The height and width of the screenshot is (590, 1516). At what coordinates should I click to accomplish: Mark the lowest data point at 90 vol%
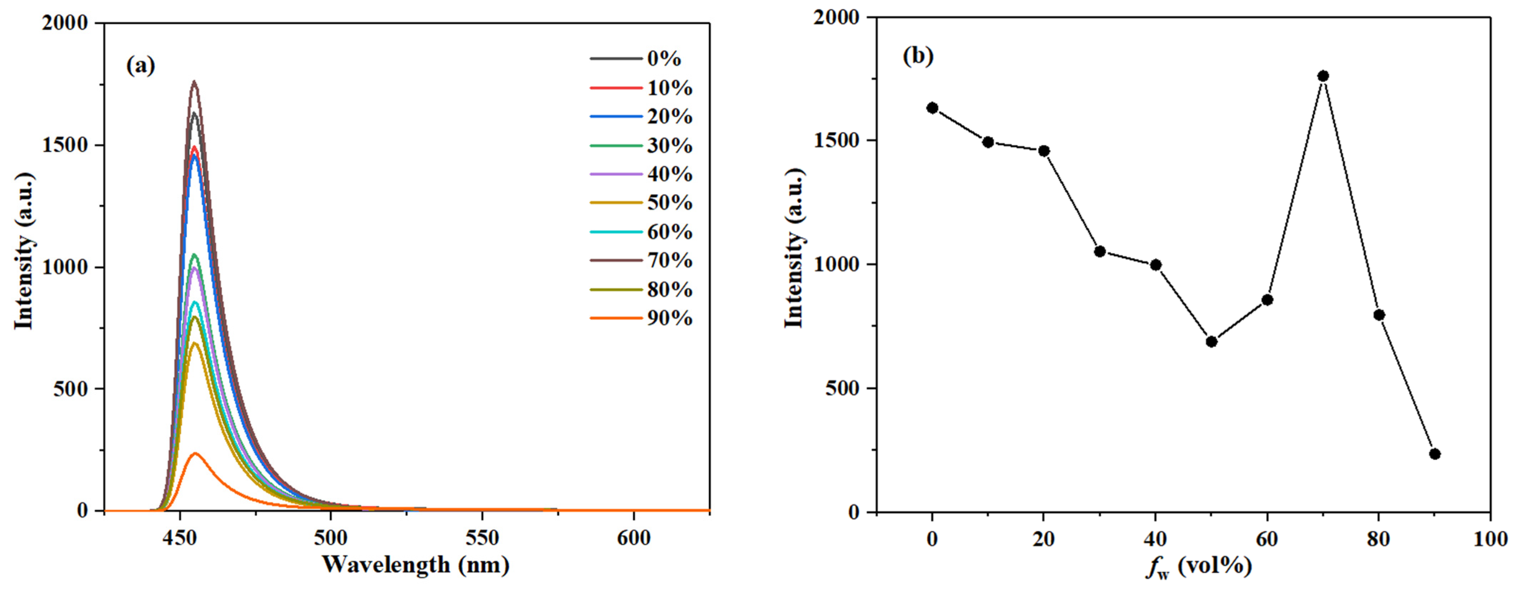[1435, 454]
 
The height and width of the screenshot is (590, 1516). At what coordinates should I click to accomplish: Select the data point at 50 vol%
[1211, 342]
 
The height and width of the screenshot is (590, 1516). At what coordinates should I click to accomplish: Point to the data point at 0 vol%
[932, 108]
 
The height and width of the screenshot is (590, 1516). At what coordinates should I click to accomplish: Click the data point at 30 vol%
[1099, 252]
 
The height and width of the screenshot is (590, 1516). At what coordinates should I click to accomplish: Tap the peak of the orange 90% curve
[195, 453]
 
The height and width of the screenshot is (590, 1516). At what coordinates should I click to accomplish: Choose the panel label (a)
[141, 65]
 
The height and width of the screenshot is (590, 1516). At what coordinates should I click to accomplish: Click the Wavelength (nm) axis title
[415, 565]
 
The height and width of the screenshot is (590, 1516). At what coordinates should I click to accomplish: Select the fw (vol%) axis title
[1198, 566]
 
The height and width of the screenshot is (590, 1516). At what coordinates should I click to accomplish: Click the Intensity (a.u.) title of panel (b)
[794, 247]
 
